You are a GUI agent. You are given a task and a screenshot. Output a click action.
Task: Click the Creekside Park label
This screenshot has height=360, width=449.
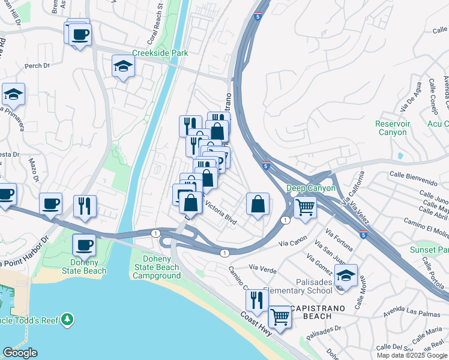point(160,53)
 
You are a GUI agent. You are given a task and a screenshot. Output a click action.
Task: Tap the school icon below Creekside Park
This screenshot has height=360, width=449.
point(123,67)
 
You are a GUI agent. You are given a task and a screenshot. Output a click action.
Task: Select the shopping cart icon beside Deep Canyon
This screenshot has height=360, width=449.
point(305,208)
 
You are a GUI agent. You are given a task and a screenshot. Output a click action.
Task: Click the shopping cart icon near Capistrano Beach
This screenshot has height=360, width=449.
point(279,316)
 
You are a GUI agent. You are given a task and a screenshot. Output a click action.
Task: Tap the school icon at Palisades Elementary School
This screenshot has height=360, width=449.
point(346,275)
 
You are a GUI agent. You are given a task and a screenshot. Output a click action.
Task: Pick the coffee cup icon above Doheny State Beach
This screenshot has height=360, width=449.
point(84,245)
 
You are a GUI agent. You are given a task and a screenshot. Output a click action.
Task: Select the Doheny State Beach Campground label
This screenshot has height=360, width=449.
point(156,267)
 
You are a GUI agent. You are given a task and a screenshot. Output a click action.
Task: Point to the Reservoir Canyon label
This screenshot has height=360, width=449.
point(391,128)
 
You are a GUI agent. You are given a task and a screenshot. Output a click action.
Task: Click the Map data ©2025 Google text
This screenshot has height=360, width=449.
point(412,355)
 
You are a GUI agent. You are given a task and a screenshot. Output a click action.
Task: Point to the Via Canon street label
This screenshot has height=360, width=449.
point(292,243)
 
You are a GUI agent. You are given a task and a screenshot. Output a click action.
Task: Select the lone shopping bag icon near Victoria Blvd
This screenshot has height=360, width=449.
point(258,204)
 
